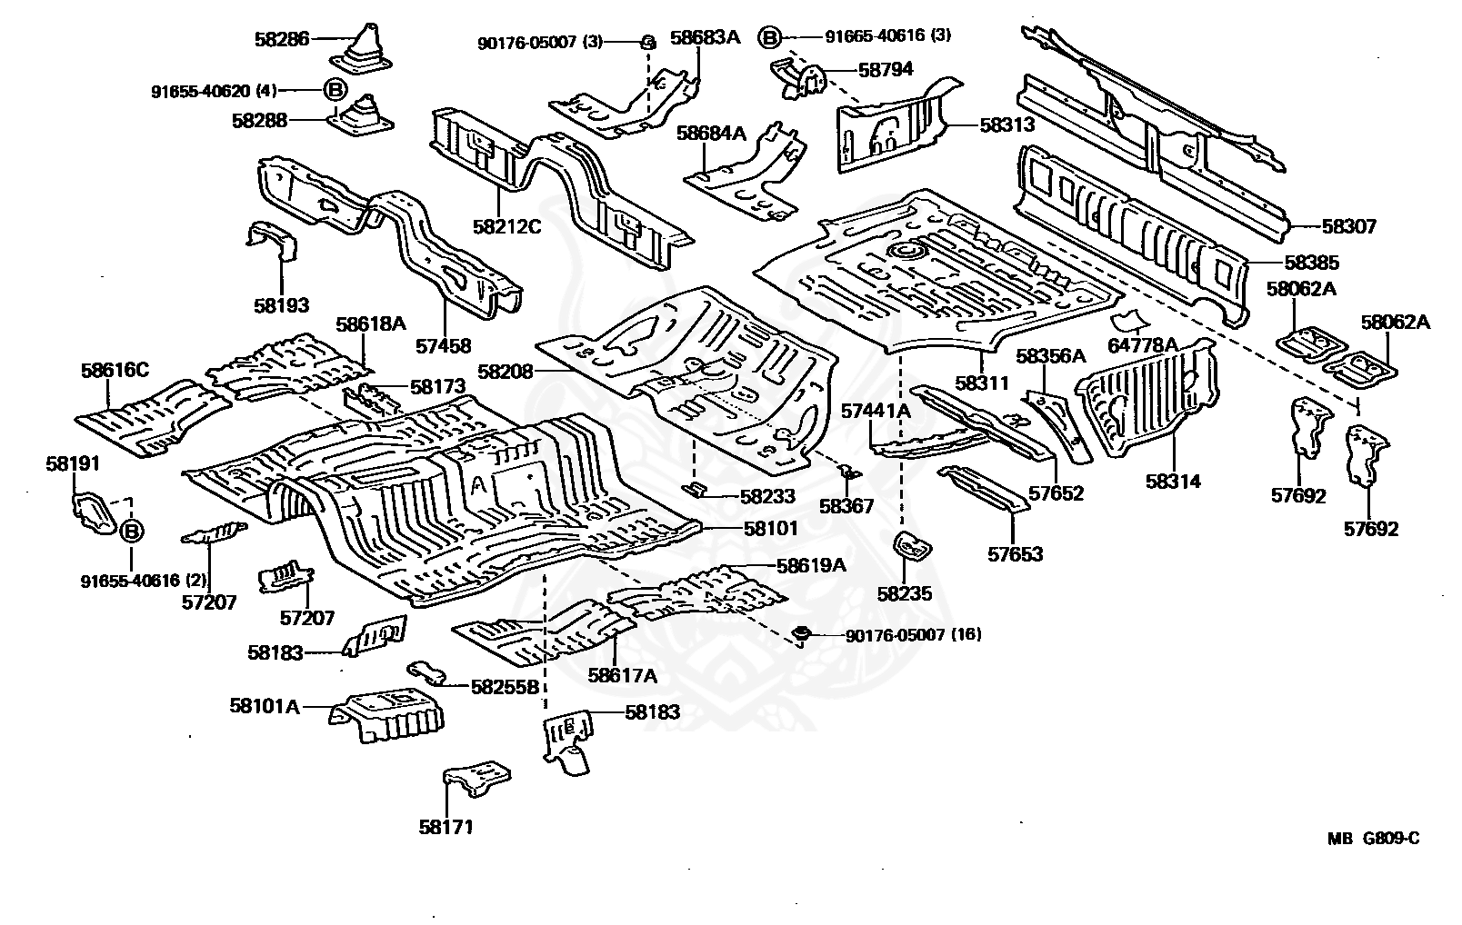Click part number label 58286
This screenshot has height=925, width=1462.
[x=282, y=39]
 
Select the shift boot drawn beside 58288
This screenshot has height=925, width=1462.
[x=361, y=116]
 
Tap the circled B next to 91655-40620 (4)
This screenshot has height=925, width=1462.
[x=335, y=89]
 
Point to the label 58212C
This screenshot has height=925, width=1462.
[x=507, y=226]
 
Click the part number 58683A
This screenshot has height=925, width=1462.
[x=706, y=37]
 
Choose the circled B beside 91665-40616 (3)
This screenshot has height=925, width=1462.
[x=769, y=37]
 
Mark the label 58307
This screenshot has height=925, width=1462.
[x=1349, y=226]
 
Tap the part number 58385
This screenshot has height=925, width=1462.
[x=1312, y=263]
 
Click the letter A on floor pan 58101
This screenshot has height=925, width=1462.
[x=479, y=484]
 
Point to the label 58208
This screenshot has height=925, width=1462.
[x=506, y=371]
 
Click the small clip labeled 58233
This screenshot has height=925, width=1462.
[x=696, y=489]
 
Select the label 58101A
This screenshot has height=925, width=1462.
[x=265, y=706]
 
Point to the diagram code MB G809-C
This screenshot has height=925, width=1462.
[x=1373, y=839]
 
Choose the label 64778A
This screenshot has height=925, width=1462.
[x=1143, y=345]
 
